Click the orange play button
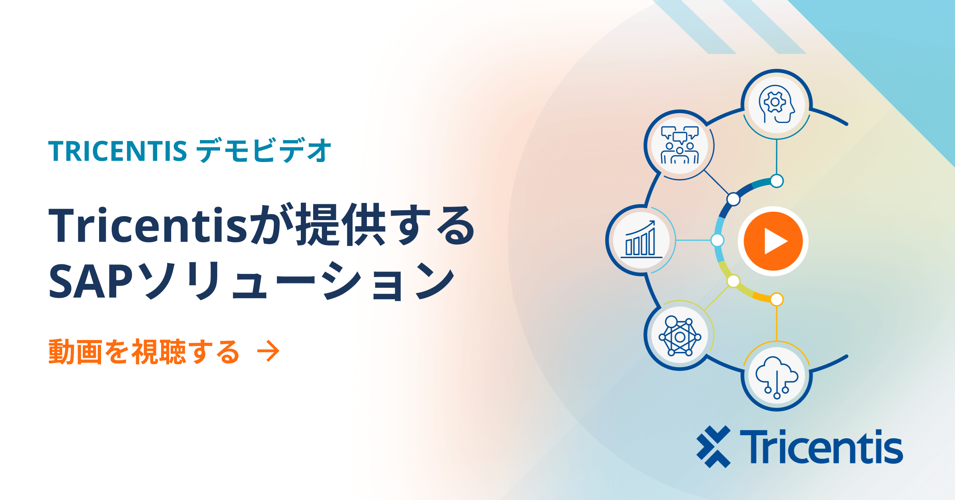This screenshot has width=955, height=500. coord(773,241)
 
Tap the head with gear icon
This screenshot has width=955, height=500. coord(776,104)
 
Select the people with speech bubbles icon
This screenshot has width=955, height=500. coord(680,145)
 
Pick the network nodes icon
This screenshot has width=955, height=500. coord(680,336)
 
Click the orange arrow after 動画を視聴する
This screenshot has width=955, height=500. coord(268,351)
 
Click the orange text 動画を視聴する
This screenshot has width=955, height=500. coord(144,352)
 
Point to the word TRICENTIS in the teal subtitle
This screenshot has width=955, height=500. coord(118,151)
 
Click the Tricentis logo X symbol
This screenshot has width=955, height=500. coord(713,446)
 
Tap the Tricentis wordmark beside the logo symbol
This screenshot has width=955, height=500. coord(821,446)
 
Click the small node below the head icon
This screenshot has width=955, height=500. coord(777,181)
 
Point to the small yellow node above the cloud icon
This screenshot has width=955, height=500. coord(777,299)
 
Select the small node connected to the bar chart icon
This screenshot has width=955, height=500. coord(717,240)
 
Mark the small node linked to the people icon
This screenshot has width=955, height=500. coord(733,199)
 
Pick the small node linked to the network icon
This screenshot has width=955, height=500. coord(733,281)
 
